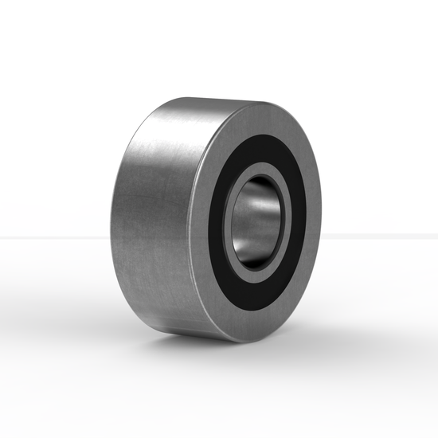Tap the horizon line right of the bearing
pos(382,236)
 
